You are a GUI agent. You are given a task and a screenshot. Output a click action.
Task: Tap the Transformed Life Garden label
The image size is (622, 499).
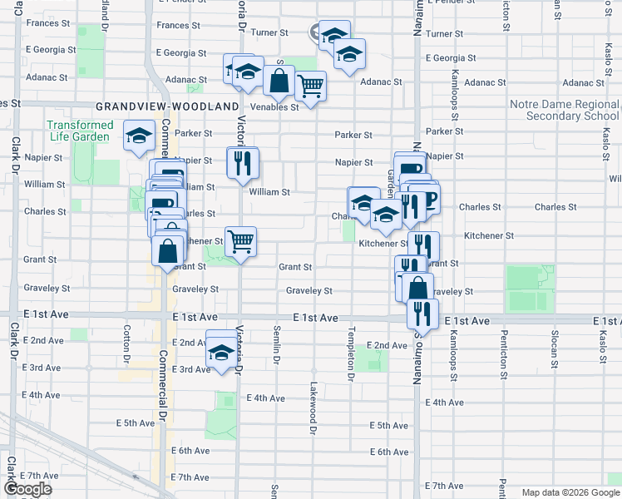coord(79,131)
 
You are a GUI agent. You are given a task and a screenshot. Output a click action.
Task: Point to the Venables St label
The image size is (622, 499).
coord(274,107)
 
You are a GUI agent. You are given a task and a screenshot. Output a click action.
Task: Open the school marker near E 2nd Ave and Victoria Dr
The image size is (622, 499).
coord(220,353)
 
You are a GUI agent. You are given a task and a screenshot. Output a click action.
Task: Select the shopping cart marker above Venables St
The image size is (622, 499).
coord(310,85)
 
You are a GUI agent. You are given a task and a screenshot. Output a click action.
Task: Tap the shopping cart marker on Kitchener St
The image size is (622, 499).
coord(240,242)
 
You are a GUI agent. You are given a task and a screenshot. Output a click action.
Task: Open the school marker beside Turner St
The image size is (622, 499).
coord(333,36)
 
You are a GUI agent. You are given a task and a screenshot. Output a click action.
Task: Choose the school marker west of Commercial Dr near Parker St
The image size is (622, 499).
coord(140,136)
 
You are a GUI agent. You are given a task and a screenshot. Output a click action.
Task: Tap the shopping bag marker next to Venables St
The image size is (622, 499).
coord(279,82)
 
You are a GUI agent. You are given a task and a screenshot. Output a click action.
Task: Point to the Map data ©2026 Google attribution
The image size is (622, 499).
coord(570,492)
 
